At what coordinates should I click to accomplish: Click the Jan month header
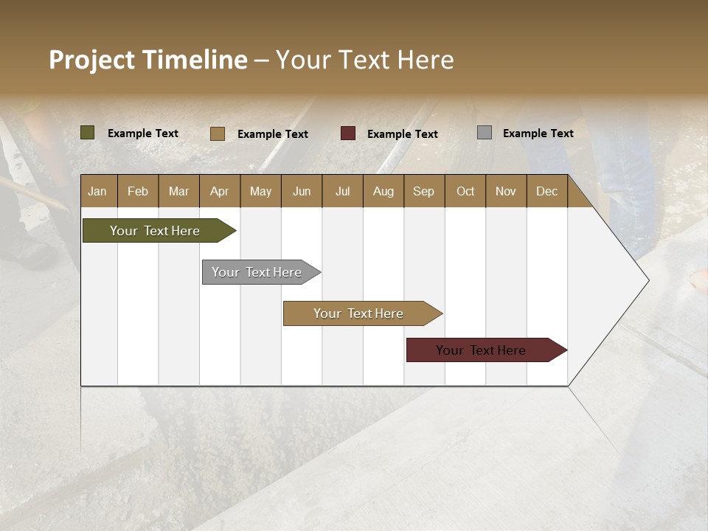(97, 191)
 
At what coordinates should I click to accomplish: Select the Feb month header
(138, 191)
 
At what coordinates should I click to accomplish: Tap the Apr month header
(219, 191)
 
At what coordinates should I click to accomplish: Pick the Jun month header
(301, 191)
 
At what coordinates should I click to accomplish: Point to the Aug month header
(383, 191)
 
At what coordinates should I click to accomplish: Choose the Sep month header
(423, 191)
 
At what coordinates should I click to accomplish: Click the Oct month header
(465, 191)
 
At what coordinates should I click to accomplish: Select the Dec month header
(546, 191)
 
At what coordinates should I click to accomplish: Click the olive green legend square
(88, 133)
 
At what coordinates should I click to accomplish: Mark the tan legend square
(218, 133)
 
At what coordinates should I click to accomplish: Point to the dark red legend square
(348, 133)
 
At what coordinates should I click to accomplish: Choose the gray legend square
(485, 133)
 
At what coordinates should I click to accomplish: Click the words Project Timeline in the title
(148, 60)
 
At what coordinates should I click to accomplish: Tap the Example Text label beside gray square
(538, 133)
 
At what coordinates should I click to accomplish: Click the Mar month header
(178, 191)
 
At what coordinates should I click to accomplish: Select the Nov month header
(506, 191)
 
